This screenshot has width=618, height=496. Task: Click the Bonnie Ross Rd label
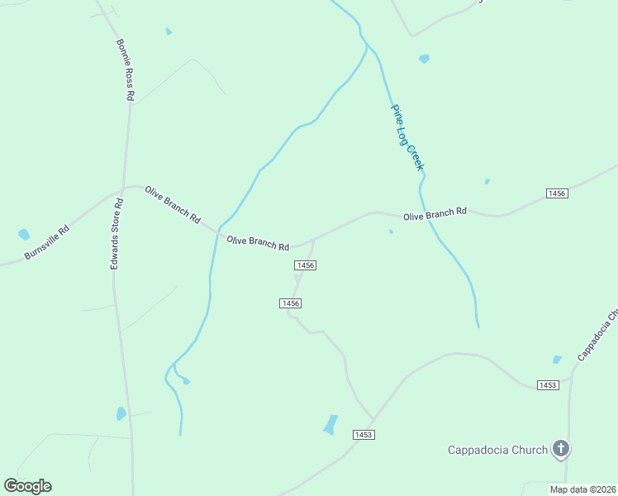pos(125,69)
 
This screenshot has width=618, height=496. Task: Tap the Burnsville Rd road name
pos(46,241)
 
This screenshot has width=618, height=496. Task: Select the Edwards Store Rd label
pos(116,233)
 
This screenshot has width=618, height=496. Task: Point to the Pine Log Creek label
pos(407,137)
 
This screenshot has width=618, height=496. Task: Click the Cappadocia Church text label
pos(497,450)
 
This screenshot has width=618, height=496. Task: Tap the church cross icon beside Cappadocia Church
pos(561,450)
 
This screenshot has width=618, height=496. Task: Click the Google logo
pos(27,486)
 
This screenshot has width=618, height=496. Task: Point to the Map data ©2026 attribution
pos(583,489)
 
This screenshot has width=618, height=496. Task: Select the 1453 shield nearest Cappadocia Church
pos(547,385)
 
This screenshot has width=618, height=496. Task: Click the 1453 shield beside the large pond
pos(364,435)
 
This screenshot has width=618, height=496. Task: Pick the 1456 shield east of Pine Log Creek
pos(556,193)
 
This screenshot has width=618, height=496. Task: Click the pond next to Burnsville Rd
pos(24,235)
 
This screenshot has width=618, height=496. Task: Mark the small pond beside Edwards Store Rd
pos(121,413)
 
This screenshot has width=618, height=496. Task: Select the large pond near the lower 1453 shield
pos(331,424)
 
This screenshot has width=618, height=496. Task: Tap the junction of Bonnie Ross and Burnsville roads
pos(123,188)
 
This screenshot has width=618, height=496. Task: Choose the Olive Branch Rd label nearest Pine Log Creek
pos(435,214)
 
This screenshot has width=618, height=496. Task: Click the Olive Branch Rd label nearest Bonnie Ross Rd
pos(173,205)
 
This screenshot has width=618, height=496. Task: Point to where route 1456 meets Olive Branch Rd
pos(314,240)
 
